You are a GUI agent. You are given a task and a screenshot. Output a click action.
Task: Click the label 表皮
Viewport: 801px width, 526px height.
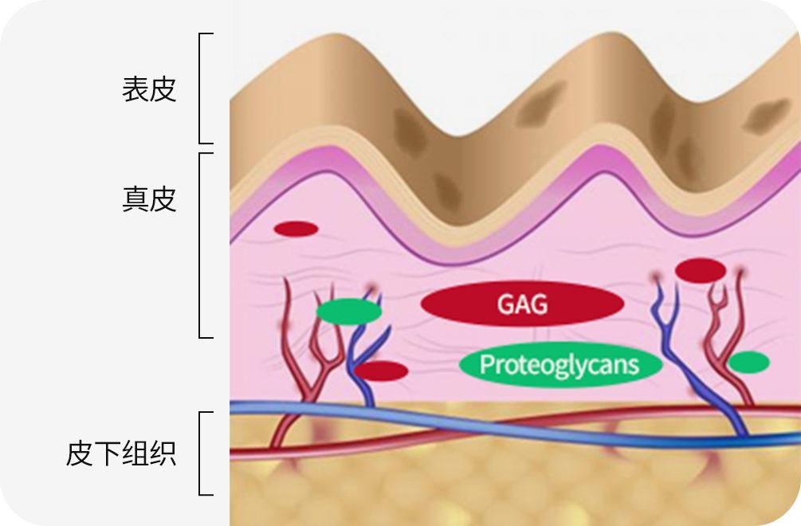pyautogui.click(x=149, y=89)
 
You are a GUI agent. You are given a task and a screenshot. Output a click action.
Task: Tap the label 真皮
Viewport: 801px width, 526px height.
pyautogui.click(x=149, y=198)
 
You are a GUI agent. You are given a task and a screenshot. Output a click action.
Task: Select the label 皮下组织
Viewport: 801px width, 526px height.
pyautogui.click(x=121, y=455)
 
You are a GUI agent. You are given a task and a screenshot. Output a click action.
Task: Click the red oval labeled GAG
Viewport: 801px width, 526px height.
pyautogui.click(x=521, y=304)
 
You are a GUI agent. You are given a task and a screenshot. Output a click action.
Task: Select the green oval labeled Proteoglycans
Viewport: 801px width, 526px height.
pyautogui.click(x=561, y=365)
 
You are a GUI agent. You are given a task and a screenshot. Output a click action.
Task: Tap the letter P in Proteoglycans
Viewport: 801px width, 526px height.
pyautogui.click(x=487, y=365)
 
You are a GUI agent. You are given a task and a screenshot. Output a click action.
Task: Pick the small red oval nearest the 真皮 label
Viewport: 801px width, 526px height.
pyautogui.click(x=296, y=230)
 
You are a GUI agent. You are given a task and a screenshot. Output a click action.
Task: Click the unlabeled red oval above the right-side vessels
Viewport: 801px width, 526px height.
pyautogui.click(x=700, y=271)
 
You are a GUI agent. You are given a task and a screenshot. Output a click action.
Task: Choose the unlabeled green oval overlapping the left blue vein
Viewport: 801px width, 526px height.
pyautogui.click(x=348, y=312)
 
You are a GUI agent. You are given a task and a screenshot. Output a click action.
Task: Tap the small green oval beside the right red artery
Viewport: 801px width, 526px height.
pyautogui.click(x=748, y=363)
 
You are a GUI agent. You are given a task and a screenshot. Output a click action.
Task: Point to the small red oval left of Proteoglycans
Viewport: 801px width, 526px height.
pyautogui.click(x=381, y=371)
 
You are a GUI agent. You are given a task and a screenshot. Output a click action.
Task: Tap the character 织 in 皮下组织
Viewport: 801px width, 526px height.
pyautogui.click(x=163, y=455)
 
